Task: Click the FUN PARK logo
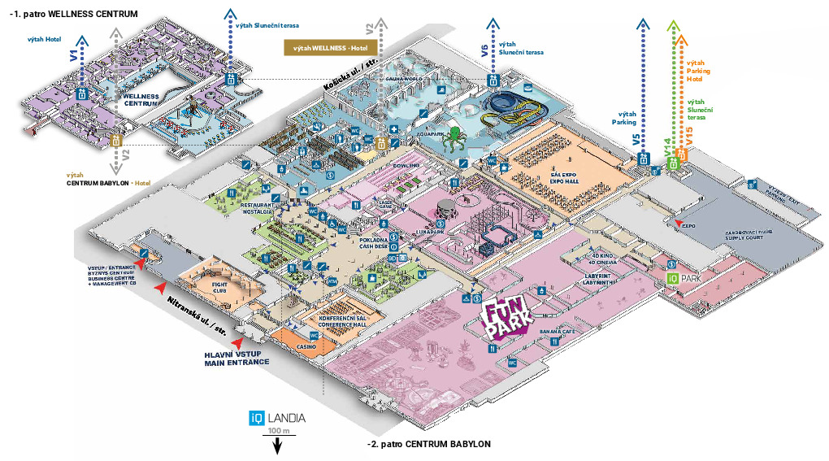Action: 508,319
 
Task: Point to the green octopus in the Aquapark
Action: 451,137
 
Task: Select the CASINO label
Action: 306,346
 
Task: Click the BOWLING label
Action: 406,166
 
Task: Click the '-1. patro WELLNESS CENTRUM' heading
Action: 74,15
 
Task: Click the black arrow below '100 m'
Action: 277,445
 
